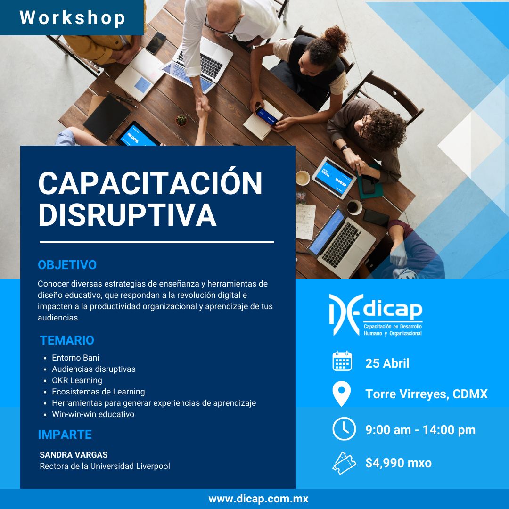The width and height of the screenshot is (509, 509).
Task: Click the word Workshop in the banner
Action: [73, 17]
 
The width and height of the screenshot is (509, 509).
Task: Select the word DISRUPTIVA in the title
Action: [127, 214]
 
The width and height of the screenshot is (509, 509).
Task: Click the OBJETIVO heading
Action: [67, 265]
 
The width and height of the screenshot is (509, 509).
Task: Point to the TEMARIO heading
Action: [67, 340]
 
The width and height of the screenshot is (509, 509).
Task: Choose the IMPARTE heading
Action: [65, 435]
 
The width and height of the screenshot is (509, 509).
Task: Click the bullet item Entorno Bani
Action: [75, 358]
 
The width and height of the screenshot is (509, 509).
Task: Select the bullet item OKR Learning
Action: [77, 380]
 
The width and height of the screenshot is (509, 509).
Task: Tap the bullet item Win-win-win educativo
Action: [93, 414]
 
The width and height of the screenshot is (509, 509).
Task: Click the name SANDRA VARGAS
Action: [74, 455]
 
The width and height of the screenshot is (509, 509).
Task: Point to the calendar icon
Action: [342, 361]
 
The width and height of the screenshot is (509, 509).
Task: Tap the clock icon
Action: [344, 429]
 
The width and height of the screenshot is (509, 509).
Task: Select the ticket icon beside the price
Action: [344, 463]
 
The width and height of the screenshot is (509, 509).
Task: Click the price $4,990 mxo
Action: [398, 463]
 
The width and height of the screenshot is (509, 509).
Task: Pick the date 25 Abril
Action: [387, 363]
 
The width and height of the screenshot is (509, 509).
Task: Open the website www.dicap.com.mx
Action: [258, 499]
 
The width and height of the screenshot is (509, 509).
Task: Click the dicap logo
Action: [376, 314]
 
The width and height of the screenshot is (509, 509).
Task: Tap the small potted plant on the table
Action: [181, 120]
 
